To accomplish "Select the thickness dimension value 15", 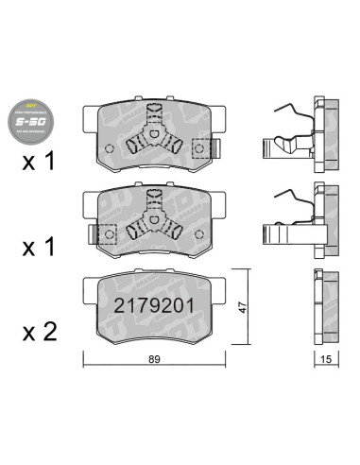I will (324, 358).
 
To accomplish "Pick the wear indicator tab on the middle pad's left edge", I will (88, 230).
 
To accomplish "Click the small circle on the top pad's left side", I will (109, 149).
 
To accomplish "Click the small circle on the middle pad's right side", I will (194, 231).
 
